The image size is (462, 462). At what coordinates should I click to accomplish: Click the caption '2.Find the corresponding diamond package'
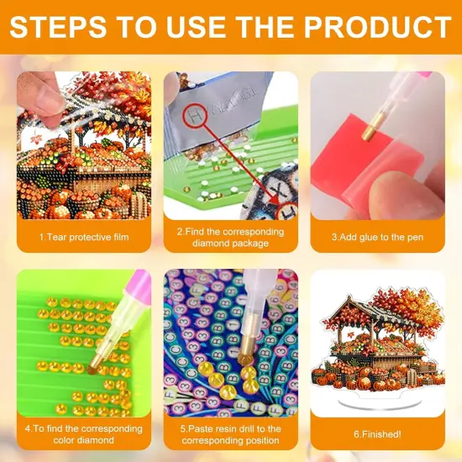[x=229, y=238]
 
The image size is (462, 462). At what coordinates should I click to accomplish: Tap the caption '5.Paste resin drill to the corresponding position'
[x=229, y=434]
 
